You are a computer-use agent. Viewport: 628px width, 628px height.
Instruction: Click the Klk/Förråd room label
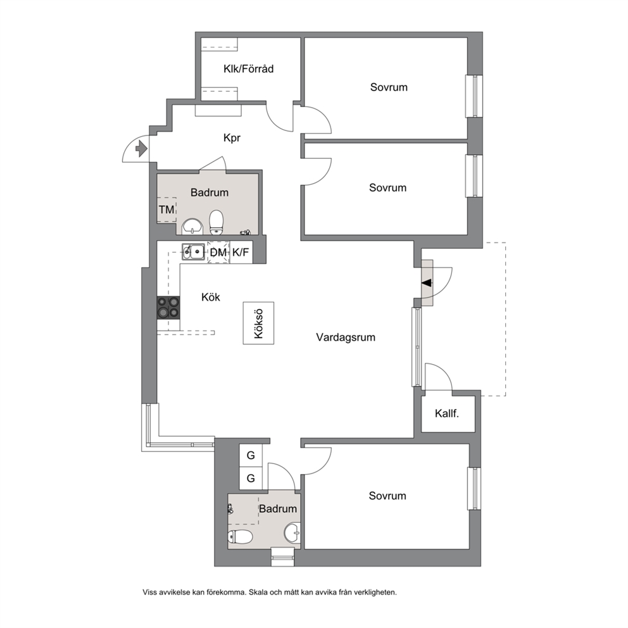click(x=248, y=69)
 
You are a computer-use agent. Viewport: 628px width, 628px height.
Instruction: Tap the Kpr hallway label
click(x=232, y=138)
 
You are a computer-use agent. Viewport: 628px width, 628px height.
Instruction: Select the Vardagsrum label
click(x=346, y=337)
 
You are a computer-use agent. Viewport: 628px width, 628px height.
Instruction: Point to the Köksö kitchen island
click(x=258, y=323)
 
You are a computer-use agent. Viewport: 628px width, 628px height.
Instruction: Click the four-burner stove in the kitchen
click(x=168, y=308)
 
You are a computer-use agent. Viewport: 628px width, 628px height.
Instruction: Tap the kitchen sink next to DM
click(x=193, y=252)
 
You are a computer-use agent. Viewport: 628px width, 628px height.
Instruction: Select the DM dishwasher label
click(x=218, y=253)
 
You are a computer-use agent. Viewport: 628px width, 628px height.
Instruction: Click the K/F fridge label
click(x=241, y=253)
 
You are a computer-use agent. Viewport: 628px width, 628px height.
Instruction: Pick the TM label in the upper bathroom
click(x=166, y=210)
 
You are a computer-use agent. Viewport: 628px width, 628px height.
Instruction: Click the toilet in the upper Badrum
click(x=217, y=222)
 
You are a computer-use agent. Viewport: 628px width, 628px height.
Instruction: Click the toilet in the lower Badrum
click(x=240, y=536)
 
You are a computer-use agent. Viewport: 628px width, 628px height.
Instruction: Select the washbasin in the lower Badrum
click(x=292, y=533)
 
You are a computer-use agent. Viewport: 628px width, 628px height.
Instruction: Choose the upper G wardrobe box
click(x=251, y=455)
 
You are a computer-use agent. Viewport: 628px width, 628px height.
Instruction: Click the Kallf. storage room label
click(x=447, y=413)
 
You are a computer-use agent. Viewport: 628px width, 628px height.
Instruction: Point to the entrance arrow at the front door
click(x=141, y=149)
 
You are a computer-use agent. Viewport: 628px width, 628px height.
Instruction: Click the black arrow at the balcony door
click(x=427, y=283)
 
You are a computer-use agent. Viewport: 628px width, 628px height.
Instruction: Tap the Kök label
click(x=211, y=297)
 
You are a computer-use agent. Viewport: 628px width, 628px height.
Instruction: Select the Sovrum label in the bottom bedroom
click(x=387, y=496)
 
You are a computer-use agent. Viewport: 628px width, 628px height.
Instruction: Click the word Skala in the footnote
click(x=259, y=592)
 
